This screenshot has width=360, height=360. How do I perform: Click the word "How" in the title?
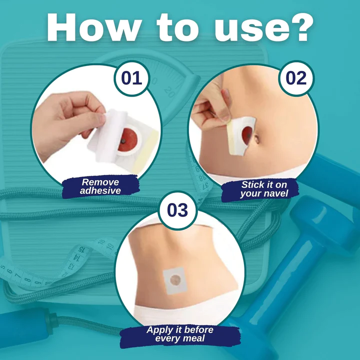click(x=93, y=27)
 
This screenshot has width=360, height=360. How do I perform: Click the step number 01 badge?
click(x=131, y=78)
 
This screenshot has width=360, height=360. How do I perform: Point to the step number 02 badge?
click(x=296, y=78)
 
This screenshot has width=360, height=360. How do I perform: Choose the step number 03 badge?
click(x=177, y=210)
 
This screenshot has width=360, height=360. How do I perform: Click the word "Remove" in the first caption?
click(x=100, y=182)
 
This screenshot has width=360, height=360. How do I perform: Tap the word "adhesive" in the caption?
click(x=100, y=191)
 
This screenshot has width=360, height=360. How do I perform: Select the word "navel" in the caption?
click(x=276, y=193)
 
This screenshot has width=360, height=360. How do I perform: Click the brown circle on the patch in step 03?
click(x=175, y=280)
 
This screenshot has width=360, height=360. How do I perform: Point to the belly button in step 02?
click(x=256, y=139)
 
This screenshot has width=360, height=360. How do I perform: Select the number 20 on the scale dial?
click(x=169, y=92)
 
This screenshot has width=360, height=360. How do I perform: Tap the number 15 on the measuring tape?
click(x=82, y=249)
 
